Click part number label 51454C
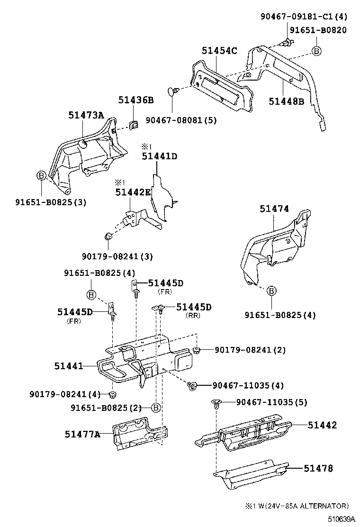[x=219, y=51]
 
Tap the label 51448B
[x=286, y=101]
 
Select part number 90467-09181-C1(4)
[x=304, y=16]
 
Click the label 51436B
[x=136, y=100]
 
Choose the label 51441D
[x=159, y=156]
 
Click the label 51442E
[x=133, y=192]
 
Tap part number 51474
[x=274, y=209]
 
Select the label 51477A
[x=83, y=434]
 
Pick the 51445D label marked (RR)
[x=194, y=307]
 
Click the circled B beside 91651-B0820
[x=315, y=51]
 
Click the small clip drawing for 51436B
[x=134, y=126]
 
